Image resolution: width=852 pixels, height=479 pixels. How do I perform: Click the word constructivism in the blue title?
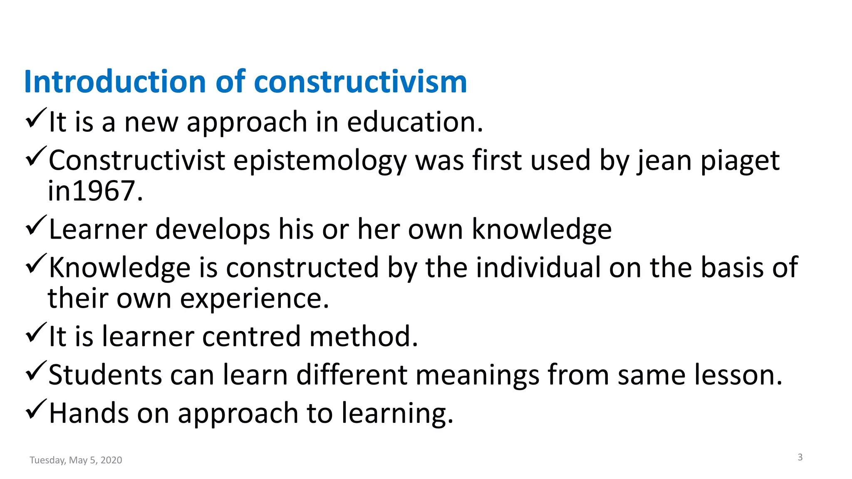[360, 81]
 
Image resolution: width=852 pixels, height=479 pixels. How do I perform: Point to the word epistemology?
[319, 161]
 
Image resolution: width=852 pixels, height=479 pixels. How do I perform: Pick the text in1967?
[95, 191]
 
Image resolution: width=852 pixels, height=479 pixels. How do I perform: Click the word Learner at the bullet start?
[98, 230]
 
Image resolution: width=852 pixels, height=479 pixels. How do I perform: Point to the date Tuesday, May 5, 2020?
[76, 460]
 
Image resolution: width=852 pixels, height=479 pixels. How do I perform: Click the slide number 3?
[800, 457]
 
